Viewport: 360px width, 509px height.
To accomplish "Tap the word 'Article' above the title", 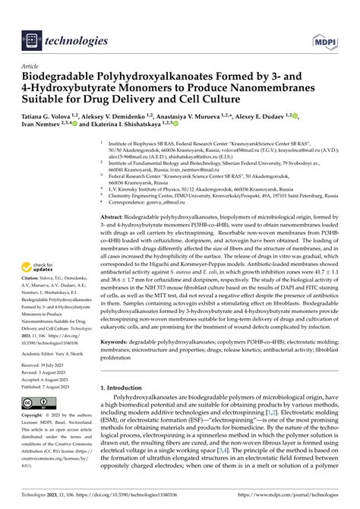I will coord(30,66).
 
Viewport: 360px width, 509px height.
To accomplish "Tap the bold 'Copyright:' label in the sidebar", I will coord(34,416).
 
